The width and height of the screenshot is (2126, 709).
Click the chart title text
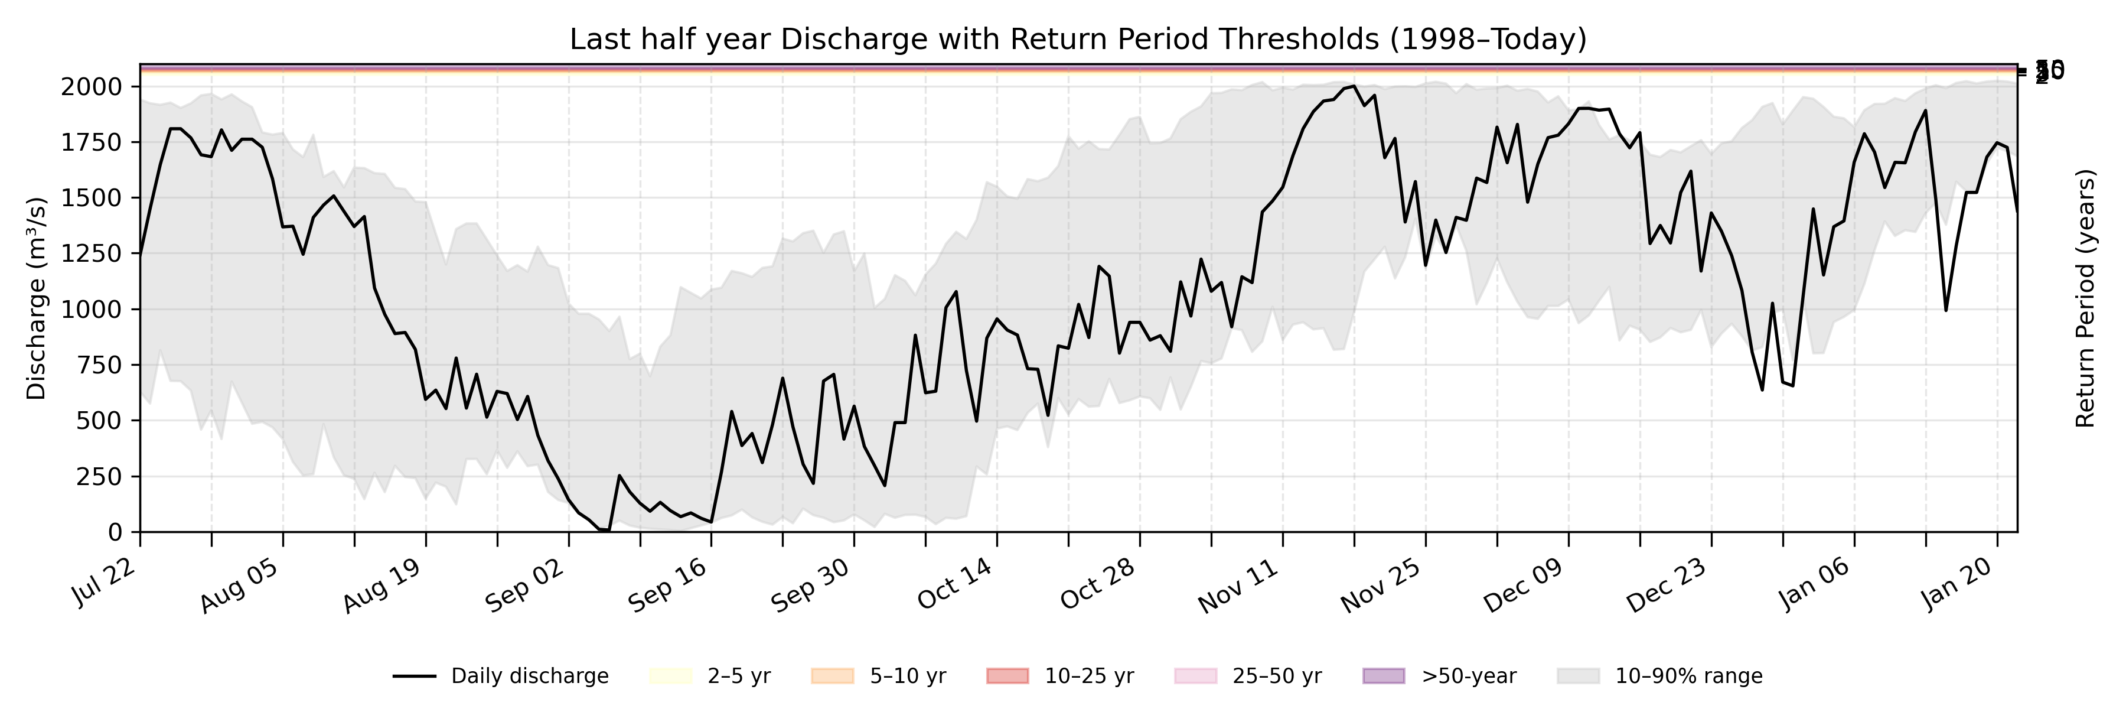coord(1078,39)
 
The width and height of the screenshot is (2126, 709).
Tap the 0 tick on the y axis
coord(116,532)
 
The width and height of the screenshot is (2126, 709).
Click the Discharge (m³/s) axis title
coord(36,299)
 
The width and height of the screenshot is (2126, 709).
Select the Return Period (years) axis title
coord(2086,299)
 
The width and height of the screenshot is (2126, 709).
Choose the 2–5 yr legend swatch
coord(670,676)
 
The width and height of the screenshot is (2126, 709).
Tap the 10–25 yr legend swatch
coord(1007,676)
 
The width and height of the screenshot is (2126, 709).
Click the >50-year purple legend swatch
coord(1383,676)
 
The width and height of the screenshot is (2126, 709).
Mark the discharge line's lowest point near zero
coord(605,530)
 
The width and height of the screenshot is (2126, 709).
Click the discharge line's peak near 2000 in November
coord(1354,86)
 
